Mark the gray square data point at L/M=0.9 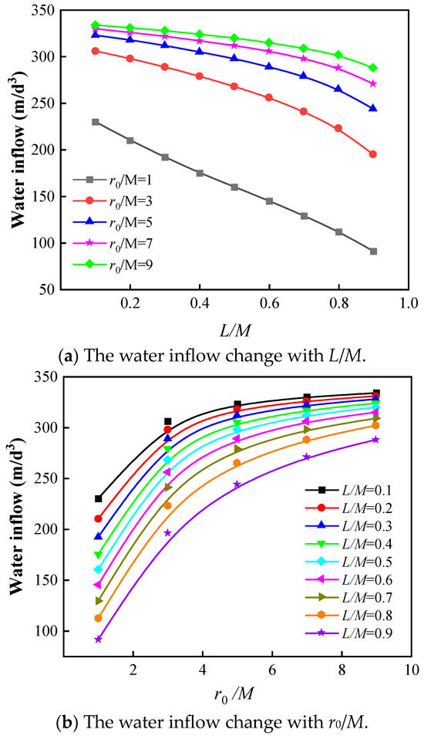coord(373,252)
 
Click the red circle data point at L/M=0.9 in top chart coord(373,154)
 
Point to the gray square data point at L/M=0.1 coord(96,122)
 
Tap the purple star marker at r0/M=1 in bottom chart coord(99,639)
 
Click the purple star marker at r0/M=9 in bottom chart coord(376,440)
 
